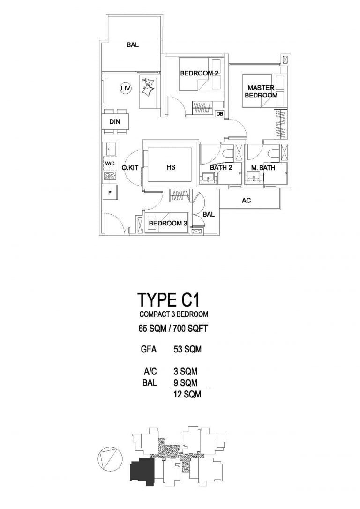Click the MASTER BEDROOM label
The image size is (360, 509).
(x=261, y=91)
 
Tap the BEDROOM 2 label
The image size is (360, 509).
(x=199, y=74)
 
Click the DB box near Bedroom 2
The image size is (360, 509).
(x=220, y=114)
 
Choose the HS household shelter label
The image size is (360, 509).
(x=171, y=167)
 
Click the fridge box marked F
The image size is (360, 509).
(x=110, y=193)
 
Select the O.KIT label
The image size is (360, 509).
(x=130, y=168)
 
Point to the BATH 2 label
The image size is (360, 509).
(x=221, y=168)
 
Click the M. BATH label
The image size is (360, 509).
(x=263, y=168)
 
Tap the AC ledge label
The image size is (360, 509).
(x=247, y=201)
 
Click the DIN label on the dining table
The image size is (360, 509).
(x=114, y=122)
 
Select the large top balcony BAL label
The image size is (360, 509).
(x=133, y=45)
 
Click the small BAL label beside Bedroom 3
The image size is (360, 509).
(x=209, y=215)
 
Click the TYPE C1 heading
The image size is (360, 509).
(x=168, y=299)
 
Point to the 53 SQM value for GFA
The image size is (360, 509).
(x=187, y=349)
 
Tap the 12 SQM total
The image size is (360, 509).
(x=187, y=394)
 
